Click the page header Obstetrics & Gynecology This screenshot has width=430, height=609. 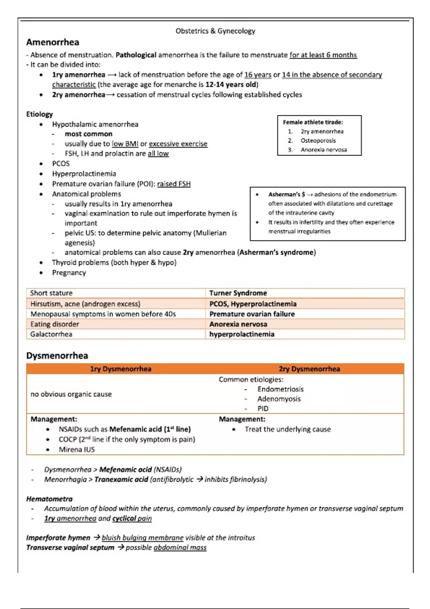tap(215, 31)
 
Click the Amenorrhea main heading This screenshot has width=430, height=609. tap(53, 42)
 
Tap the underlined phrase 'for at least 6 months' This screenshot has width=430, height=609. tap(323, 55)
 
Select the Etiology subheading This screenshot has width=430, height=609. tap(39, 114)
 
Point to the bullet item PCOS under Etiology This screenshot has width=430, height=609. tap(61, 164)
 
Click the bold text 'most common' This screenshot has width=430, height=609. tap(89, 134)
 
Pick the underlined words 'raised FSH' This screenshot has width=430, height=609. tap(174, 184)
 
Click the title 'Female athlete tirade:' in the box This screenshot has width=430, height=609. tap(313, 123)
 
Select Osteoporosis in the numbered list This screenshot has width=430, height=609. tap(318, 141)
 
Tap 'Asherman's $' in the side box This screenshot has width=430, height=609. tap(287, 195)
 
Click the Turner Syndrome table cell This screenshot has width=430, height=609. tap(238, 293)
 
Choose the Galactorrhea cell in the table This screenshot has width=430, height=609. tap(51, 334)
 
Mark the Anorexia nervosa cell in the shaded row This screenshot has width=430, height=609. tap(238, 324)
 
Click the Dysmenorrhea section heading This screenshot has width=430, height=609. tap(57, 356)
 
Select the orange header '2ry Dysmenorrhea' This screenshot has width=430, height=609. tap(309, 369)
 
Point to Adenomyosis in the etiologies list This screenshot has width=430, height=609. tap(279, 399)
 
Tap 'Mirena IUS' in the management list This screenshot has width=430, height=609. tap(77, 450)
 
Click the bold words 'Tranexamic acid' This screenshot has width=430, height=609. tap(121, 480)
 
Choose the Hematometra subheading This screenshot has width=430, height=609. tap(49, 499)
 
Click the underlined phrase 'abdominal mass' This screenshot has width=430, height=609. tap(180, 548)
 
